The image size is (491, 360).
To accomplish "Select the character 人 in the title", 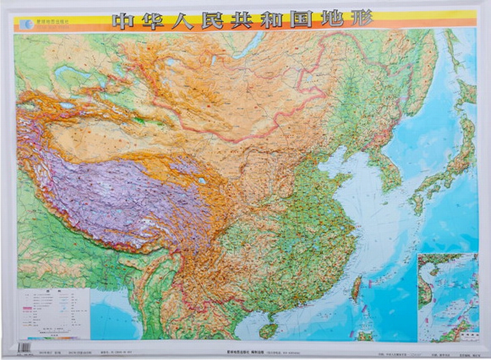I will tap(191, 20).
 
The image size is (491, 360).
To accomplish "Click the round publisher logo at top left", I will tap(26, 24).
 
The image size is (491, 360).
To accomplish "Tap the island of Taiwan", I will tap(356, 288).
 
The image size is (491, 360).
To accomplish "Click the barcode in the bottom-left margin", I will tap(24, 348).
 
